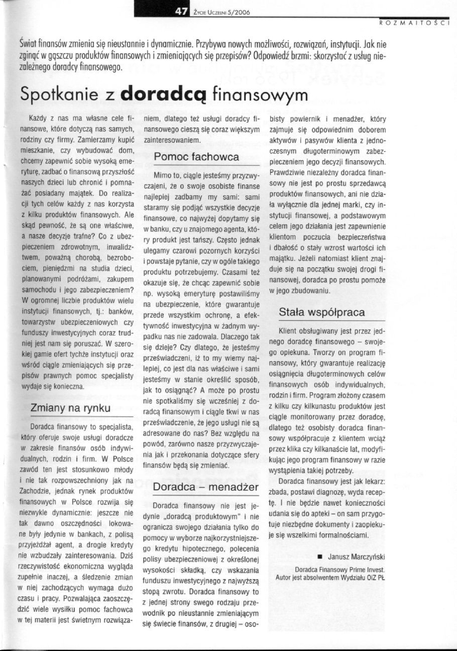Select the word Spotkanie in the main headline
[60, 94]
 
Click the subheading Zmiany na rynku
[70, 407]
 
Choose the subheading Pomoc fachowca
[196, 157]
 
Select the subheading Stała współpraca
[322, 312]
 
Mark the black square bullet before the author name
[319, 557]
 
